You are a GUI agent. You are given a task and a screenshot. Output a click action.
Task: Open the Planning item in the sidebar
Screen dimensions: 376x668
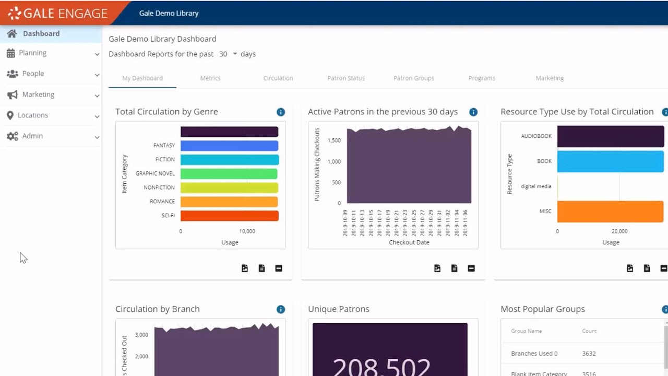pos(32,53)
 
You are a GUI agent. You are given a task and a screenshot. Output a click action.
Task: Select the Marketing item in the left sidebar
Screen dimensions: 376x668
pos(38,95)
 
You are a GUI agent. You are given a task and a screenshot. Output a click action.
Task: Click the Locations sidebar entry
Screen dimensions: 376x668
pos(32,115)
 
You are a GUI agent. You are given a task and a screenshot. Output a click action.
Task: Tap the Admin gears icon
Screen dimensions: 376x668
pos(12,136)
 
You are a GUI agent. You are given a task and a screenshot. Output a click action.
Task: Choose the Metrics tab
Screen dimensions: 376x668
pos(210,78)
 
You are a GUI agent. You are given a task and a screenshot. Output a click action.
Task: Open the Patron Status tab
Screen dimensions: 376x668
pos(346,78)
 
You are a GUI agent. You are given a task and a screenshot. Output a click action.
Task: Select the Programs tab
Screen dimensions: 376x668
pos(482,78)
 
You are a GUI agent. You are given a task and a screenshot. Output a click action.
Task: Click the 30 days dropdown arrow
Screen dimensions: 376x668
pos(235,54)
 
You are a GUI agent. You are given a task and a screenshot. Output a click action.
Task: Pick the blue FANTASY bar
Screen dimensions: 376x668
pos(229,146)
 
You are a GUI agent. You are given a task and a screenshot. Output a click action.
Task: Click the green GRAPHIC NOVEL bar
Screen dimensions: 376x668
pos(229,173)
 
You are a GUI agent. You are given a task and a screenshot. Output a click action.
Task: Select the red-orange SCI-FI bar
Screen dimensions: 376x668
pos(229,216)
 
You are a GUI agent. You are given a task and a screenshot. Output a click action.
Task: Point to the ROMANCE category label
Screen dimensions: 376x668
pos(162,202)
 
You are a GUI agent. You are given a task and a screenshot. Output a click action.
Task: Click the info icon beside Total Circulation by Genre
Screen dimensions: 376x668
pos(281,112)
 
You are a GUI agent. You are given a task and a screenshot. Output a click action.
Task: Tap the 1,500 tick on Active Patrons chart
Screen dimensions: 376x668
pos(334,140)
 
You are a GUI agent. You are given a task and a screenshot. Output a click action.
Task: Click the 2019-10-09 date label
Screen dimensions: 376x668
pos(345,223)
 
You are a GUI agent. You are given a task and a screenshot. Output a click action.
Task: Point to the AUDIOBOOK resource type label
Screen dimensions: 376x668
pos(536,136)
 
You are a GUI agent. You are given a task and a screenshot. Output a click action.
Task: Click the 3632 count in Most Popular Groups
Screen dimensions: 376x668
pos(589,354)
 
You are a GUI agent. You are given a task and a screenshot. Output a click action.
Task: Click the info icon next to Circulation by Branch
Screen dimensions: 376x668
pos(281,309)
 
